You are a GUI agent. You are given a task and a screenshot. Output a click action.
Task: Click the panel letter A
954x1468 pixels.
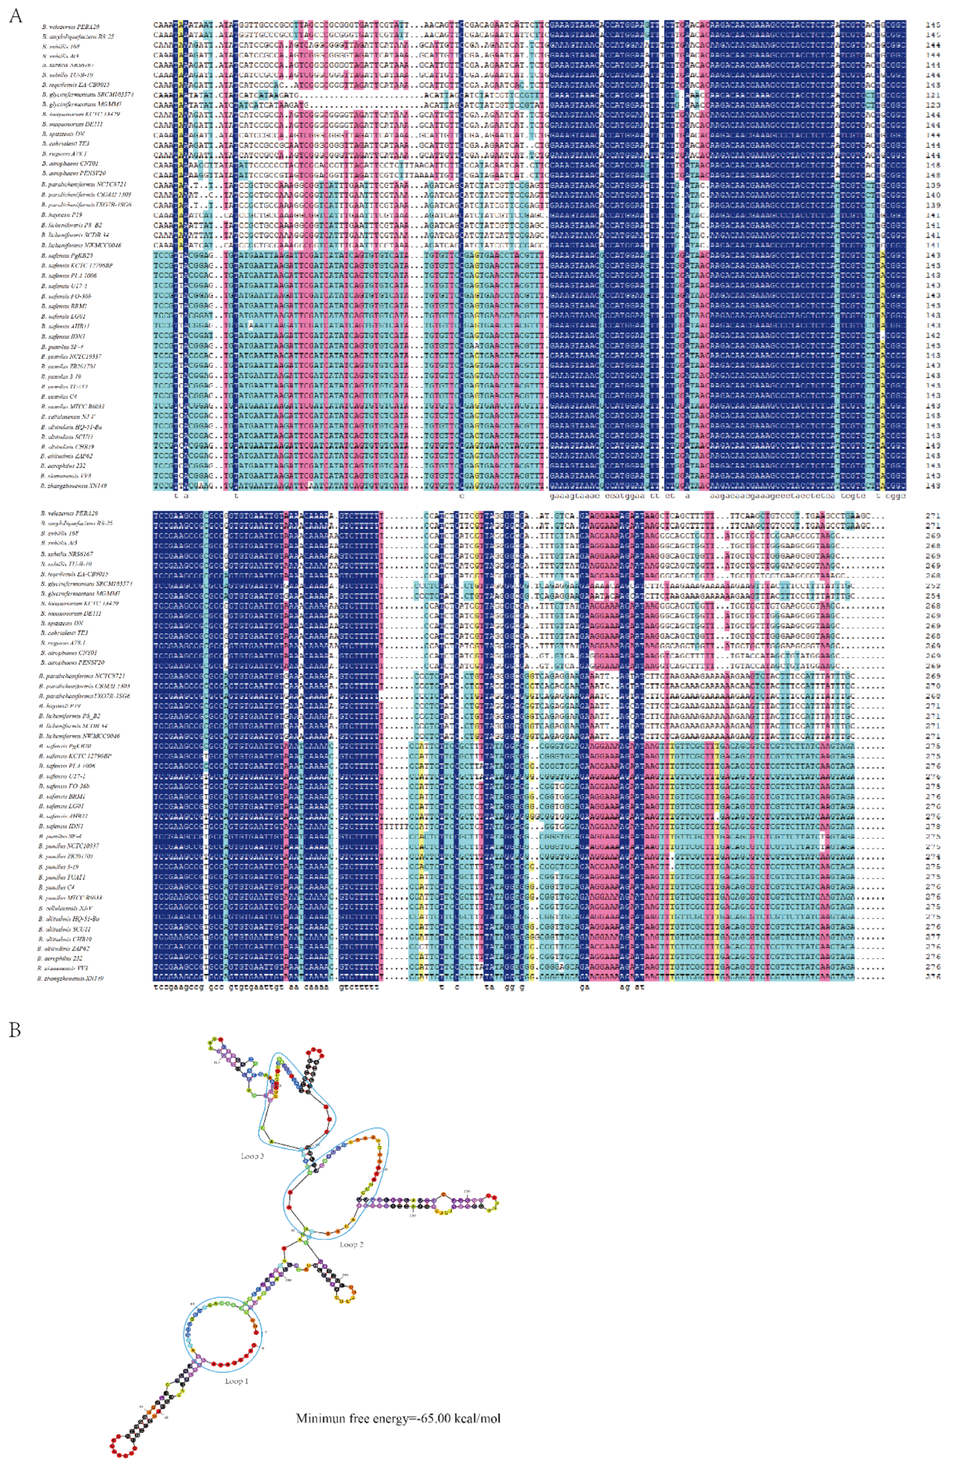pyautogui.click(x=14, y=16)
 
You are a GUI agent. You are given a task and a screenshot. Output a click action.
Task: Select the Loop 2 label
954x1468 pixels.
pyautogui.click(x=351, y=1244)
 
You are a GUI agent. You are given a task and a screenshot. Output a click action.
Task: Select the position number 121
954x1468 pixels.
pyautogui.click(x=933, y=95)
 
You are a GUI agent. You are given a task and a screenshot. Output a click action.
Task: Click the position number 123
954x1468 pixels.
pyautogui.click(x=933, y=105)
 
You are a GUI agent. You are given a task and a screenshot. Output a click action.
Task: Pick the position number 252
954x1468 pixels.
pyautogui.click(x=933, y=583)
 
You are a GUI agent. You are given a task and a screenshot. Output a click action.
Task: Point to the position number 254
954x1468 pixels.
pyautogui.click(x=933, y=594)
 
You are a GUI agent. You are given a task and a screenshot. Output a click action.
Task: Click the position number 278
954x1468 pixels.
pyautogui.click(x=933, y=826)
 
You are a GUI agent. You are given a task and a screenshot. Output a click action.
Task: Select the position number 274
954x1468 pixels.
pyautogui.click(x=933, y=856)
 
